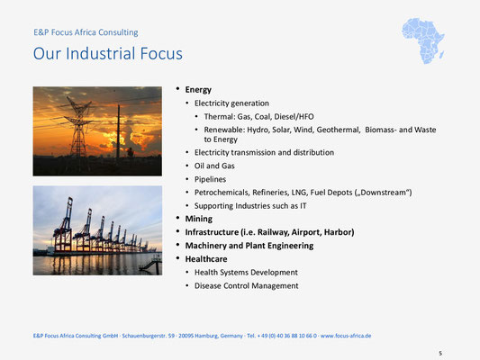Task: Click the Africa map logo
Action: coord(423,40)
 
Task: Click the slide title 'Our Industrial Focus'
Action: coord(108,53)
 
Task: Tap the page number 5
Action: coord(440,354)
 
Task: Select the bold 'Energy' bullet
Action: coord(198,90)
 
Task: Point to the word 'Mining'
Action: coord(199,219)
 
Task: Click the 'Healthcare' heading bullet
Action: coord(206,259)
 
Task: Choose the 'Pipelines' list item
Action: coord(210,179)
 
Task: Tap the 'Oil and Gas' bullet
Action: coord(214,166)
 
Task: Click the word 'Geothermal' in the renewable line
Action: coord(338,130)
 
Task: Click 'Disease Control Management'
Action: coord(246,285)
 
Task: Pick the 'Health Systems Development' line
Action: coord(246,272)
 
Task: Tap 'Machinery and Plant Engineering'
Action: coord(249,246)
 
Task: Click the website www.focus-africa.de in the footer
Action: coord(346,336)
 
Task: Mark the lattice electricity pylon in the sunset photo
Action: coord(78,127)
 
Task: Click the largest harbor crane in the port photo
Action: coord(63,225)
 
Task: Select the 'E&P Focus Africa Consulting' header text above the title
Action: coord(86,32)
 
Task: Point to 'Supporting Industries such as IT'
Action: coord(250,206)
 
